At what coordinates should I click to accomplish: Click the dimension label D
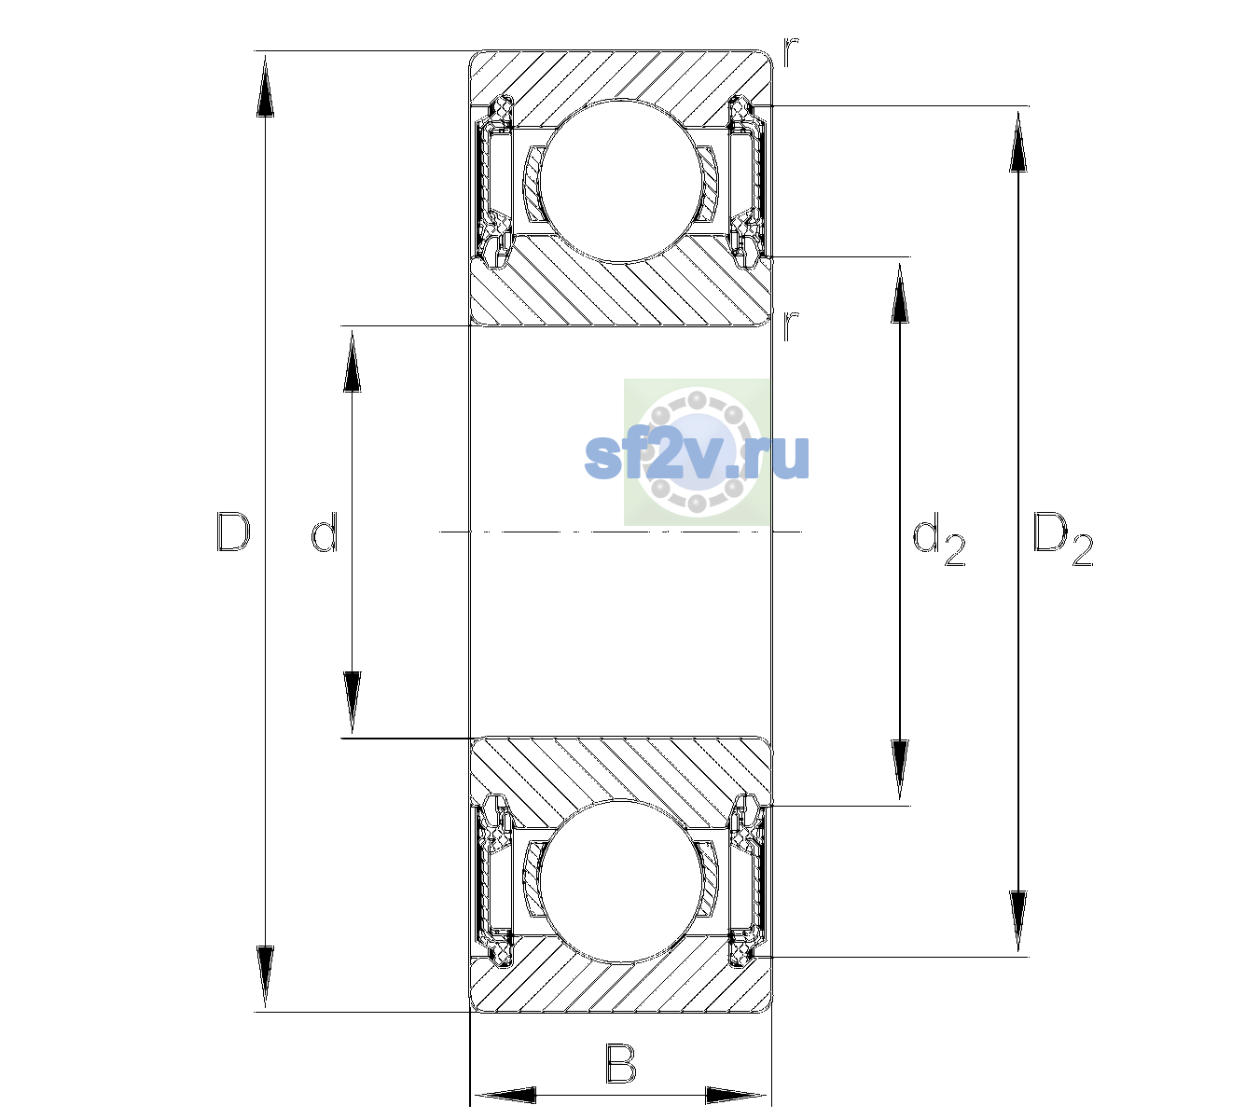[233, 532]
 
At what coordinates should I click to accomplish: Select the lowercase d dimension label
[325, 532]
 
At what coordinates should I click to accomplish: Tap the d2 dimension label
[938, 538]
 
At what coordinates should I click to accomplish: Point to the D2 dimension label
[1062, 538]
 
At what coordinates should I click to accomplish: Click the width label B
[620, 1063]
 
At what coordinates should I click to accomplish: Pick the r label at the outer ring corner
[791, 52]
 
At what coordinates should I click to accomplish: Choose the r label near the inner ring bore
[791, 325]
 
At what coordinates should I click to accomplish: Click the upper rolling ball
[621, 180]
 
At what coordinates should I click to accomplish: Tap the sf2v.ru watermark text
[697, 457]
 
